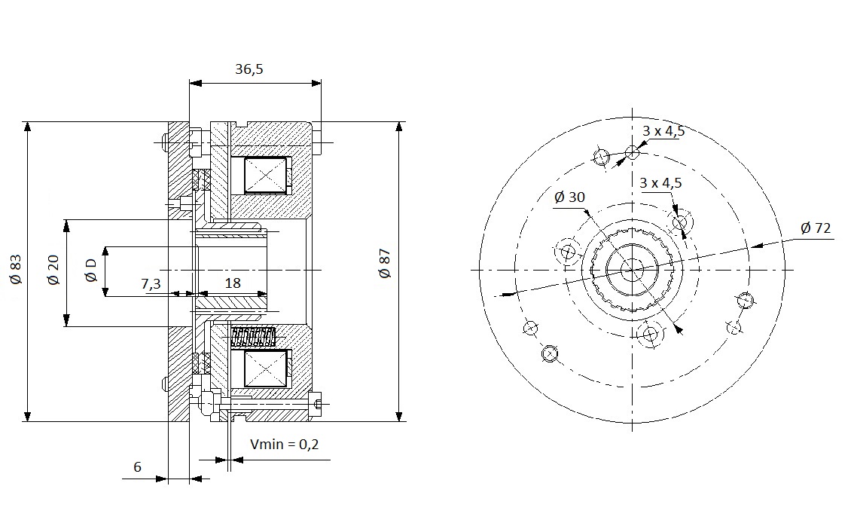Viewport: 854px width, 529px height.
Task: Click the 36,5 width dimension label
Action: pos(249,69)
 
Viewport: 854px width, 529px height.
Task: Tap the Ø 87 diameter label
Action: pos(385,264)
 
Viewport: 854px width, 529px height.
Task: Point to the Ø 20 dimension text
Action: pos(53,271)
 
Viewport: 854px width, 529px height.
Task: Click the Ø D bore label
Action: pos(90,271)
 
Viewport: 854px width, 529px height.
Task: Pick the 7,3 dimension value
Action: pos(151,283)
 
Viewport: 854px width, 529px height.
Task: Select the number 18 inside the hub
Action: pos(233,283)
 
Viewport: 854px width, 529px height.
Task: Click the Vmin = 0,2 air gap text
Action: pos(285,444)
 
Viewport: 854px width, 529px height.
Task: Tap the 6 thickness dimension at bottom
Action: pos(137,467)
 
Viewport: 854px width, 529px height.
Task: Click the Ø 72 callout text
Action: pos(816,228)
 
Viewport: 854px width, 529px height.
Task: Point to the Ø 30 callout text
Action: pos(569,197)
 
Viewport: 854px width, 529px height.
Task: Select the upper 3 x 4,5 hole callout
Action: pos(663,131)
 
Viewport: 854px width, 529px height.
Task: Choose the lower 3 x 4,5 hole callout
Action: pos(660,182)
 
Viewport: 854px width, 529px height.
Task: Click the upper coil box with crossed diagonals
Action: pos(265,175)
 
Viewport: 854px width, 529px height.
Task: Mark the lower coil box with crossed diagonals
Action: pos(265,368)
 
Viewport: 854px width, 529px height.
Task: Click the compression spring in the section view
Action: pos(253,338)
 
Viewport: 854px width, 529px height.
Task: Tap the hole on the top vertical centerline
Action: pos(632,152)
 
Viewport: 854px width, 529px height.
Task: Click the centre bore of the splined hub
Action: pos(633,270)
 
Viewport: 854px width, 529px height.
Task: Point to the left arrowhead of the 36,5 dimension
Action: pos(196,84)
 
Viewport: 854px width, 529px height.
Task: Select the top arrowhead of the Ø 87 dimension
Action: pos(399,127)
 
